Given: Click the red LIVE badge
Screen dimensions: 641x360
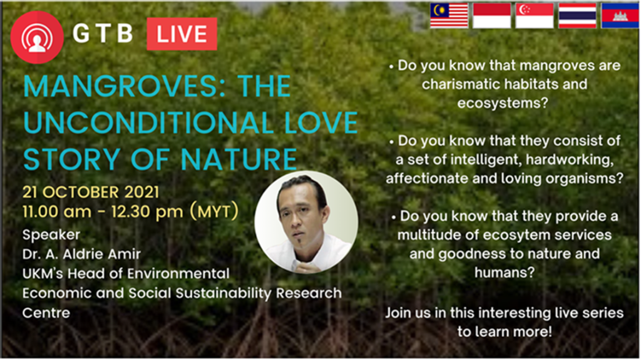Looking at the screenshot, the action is click(x=182, y=34).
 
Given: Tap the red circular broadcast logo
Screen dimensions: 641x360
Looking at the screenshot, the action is click(x=37, y=37).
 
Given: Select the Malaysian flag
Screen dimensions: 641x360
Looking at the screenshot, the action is click(x=449, y=16).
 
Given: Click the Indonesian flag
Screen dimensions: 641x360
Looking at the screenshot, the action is click(x=492, y=16).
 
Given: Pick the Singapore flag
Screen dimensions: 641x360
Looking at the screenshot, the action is click(x=535, y=16).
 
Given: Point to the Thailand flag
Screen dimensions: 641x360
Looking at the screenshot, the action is click(x=578, y=16).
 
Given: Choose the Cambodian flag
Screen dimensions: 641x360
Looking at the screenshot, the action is click(x=620, y=16).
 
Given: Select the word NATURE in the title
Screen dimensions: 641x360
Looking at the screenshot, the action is click(x=238, y=159).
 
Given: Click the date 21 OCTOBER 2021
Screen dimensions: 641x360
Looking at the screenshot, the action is click(x=91, y=192).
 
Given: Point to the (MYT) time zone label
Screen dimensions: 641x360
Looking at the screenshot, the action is click(x=214, y=212).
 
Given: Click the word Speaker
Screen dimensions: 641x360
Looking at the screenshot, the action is click(x=51, y=235).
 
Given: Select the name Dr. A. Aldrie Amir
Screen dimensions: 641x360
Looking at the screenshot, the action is click(x=82, y=254).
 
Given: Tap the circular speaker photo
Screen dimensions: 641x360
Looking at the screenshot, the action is click(x=306, y=222).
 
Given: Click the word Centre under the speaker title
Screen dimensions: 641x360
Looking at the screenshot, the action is click(x=46, y=313).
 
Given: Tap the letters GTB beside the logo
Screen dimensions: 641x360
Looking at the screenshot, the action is click(x=103, y=34).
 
